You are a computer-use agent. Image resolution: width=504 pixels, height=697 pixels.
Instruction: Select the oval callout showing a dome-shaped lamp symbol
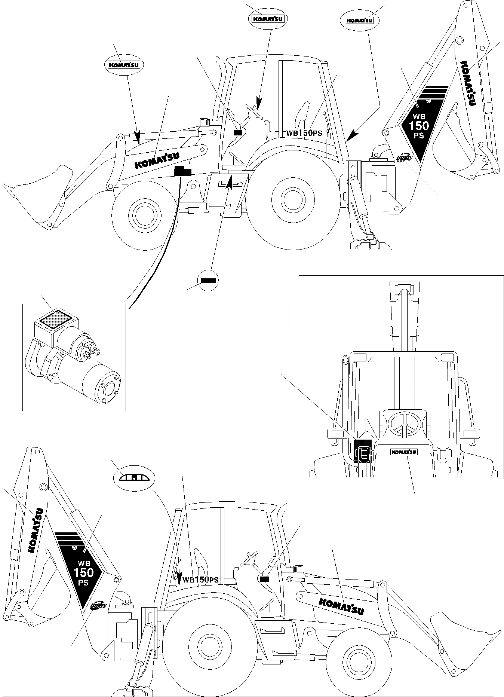click(x=134, y=477)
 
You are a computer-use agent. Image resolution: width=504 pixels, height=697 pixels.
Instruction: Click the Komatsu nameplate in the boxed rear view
click(x=404, y=452)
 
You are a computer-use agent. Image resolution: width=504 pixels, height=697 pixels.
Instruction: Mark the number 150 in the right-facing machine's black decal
click(x=83, y=572)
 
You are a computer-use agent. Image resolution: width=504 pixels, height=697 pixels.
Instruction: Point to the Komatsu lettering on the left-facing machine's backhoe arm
click(x=467, y=83)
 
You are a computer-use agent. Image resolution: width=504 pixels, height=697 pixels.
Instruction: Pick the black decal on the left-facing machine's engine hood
click(x=182, y=172)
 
